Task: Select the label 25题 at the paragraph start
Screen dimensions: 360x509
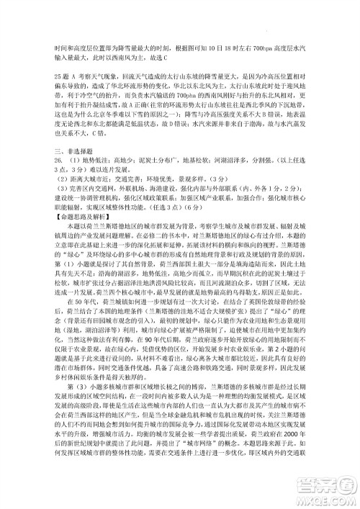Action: (x=63, y=75)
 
